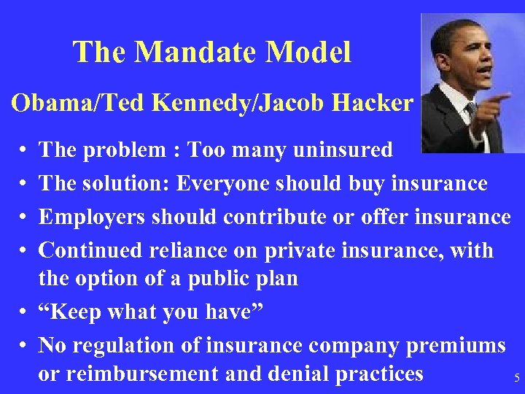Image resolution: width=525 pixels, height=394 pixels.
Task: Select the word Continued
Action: click(90, 250)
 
